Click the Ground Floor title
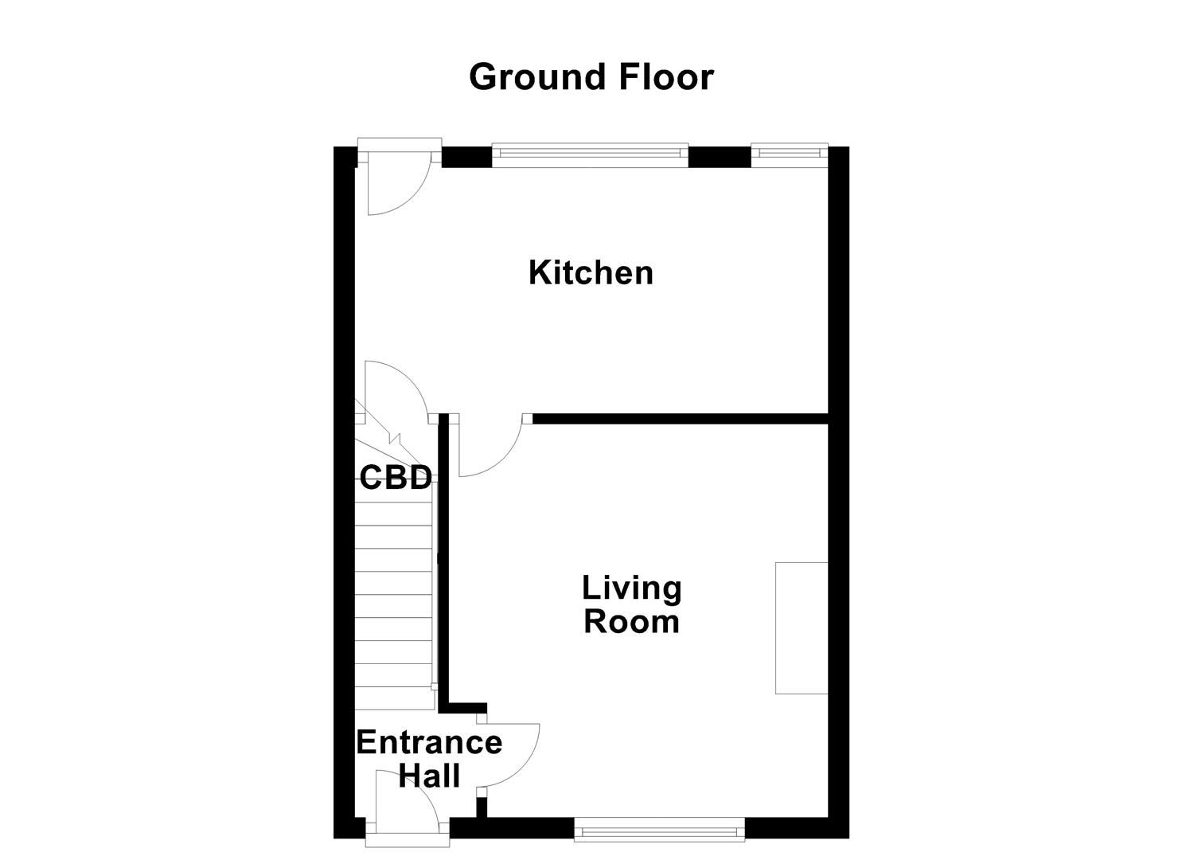pos(591,77)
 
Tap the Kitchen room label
pos(591,273)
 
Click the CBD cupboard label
pos(396,477)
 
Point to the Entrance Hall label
pos(429,759)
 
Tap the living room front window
pos(659,833)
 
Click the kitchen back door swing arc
pos(412,198)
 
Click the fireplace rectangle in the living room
pos(802,628)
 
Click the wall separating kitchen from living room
pos(681,419)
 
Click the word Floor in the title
pos(666,77)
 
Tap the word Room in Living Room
pos(632,621)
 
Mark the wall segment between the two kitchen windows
pos(720,157)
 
